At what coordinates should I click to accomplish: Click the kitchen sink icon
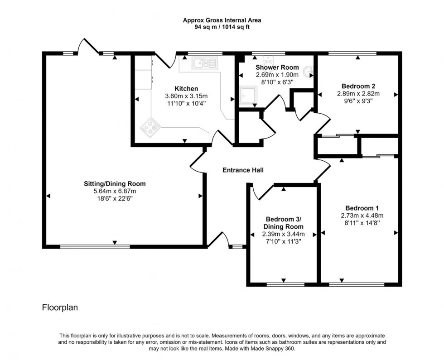tap(204, 63)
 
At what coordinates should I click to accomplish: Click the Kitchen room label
tap(186, 88)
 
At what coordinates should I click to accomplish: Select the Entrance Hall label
tap(243, 170)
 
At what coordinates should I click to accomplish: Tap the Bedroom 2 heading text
tap(358, 86)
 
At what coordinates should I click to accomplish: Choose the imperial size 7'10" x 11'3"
tap(283, 242)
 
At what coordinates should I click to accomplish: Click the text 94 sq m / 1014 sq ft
tap(222, 27)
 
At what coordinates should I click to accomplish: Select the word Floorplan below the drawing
tap(60, 307)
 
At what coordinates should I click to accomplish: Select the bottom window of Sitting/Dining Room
tap(95, 247)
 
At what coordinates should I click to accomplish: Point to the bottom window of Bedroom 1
tap(357, 284)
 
